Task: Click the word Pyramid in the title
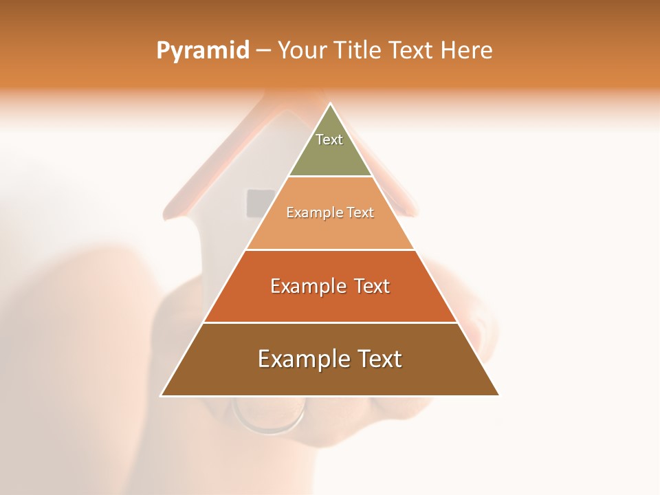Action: coord(202,51)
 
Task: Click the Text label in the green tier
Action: coord(329,140)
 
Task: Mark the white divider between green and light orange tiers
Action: coord(331,177)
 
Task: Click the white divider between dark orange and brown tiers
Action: coord(331,322)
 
